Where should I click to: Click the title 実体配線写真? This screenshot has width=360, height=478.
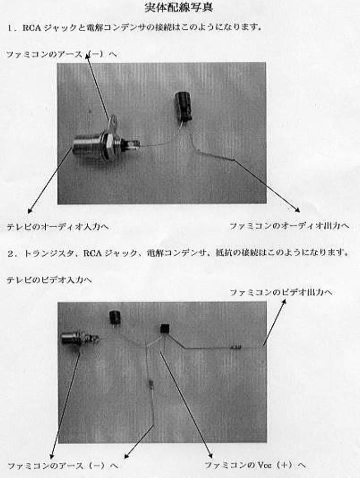tap(178, 7)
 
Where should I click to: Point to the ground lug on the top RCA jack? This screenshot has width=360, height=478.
tap(113, 121)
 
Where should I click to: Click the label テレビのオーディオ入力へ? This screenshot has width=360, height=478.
tap(58, 227)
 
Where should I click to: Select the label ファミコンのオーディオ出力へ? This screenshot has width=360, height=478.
tap(289, 226)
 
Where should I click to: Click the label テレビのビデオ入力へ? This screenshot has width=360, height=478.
tap(49, 280)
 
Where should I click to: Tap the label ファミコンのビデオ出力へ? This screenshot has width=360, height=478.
tap(281, 292)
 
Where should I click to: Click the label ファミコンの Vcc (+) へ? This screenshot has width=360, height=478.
tap(255, 465)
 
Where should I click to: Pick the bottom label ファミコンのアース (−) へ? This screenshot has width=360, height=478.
tap(63, 466)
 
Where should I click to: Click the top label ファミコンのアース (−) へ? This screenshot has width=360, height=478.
tap(62, 54)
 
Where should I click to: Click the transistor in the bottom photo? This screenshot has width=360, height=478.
tap(165, 330)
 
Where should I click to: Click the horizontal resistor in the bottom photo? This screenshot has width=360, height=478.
tap(236, 347)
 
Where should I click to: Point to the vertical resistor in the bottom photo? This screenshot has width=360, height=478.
tap(151, 384)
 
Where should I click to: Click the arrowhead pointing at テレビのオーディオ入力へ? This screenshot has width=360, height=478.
tap(30, 211)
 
